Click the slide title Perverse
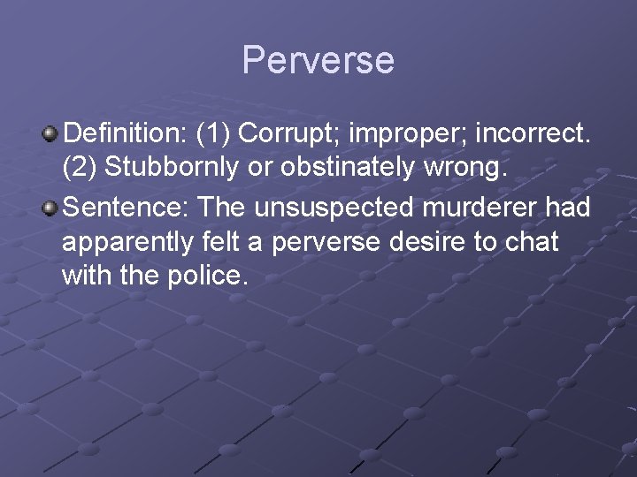pyautogui.click(x=318, y=60)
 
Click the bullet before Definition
pyautogui.click(x=50, y=134)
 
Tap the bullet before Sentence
pyautogui.click(x=50, y=208)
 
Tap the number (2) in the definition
pyautogui.click(x=81, y=168)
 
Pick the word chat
pyautogui.click(x=534, y=241)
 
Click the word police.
pyautogui.click(x=203, y=276)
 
